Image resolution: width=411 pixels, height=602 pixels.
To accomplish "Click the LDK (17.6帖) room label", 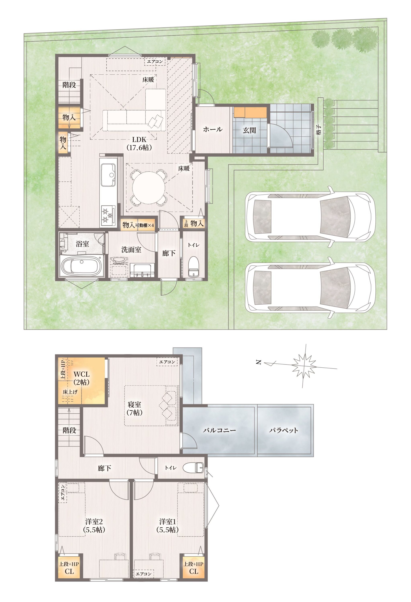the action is [x=139, y=143].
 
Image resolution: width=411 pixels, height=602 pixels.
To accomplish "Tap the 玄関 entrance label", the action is [x=249, y=130].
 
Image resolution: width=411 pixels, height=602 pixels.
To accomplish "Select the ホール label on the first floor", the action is [x=213, y=129].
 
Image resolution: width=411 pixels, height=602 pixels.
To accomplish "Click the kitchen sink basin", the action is [x=108, y=175].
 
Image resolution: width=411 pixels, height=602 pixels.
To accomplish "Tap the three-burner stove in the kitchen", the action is [x=108, y=215].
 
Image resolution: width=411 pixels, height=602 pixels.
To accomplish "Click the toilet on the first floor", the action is [x=193, y=266].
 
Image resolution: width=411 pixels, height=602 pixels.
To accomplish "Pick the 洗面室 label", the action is [x=131, y=250].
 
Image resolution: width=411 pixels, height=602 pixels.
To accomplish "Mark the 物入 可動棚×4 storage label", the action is [x=138, y=225].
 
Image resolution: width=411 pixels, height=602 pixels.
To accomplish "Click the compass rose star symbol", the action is [x=304, y=366].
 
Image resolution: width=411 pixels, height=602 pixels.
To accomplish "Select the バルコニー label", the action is [x=219, y=430].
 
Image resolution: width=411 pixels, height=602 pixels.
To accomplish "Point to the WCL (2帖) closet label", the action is [x=81, y=378].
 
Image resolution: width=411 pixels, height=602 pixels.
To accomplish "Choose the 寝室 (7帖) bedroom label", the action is [x=135, y=409].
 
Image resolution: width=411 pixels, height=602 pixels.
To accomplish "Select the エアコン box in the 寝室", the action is [x=167, y=362].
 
